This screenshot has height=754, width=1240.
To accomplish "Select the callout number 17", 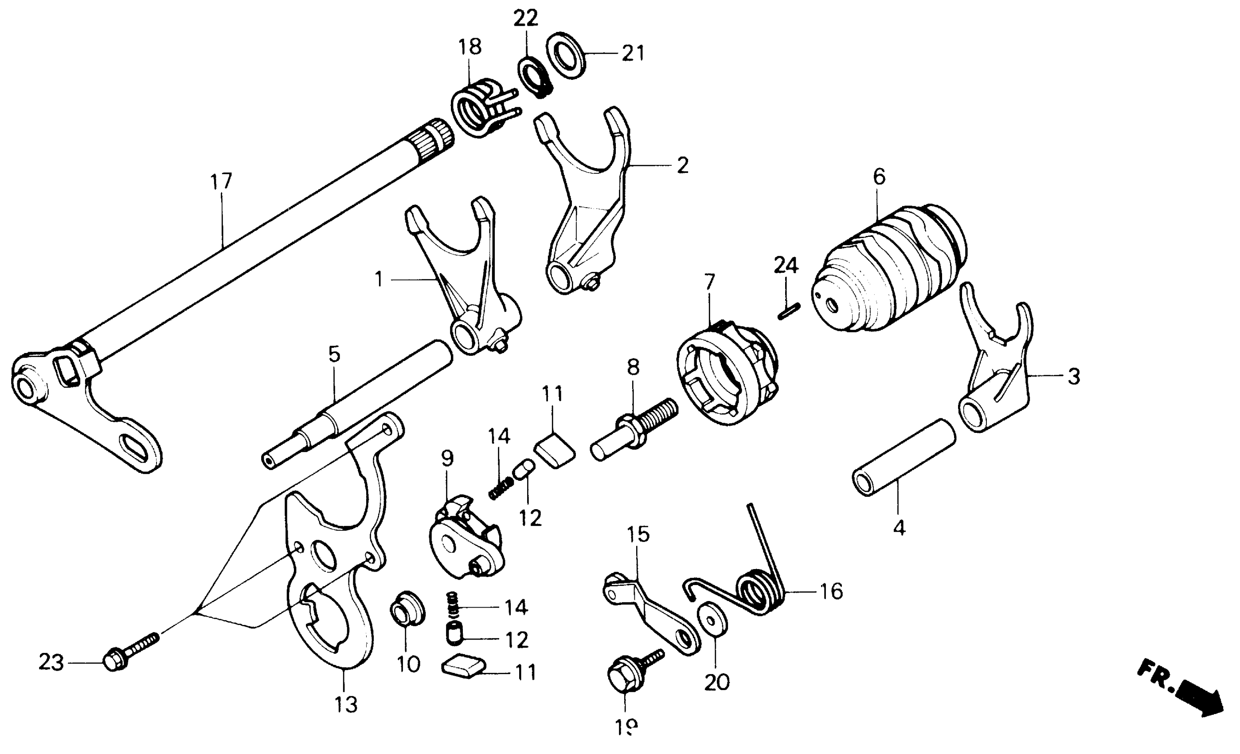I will (x=221, y=181).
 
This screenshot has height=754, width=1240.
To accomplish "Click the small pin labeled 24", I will (x=789, y=310).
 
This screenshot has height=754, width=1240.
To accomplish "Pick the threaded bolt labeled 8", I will (x=634, y=428).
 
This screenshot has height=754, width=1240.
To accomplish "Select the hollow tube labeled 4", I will (x=904, y=457).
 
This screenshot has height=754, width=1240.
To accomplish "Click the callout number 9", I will (x=447, y=458).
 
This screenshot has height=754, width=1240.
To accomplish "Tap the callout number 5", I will (x=334, y=354).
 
